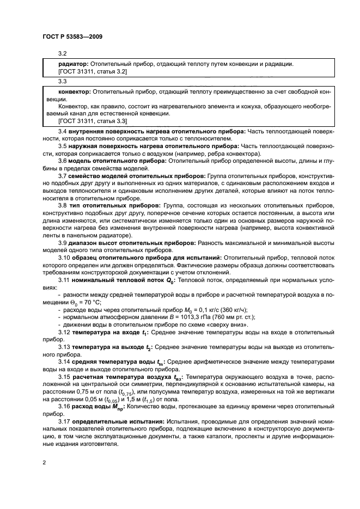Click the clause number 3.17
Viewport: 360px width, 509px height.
tap(64, 422)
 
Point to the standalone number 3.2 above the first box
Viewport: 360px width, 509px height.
tap(62, 53)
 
